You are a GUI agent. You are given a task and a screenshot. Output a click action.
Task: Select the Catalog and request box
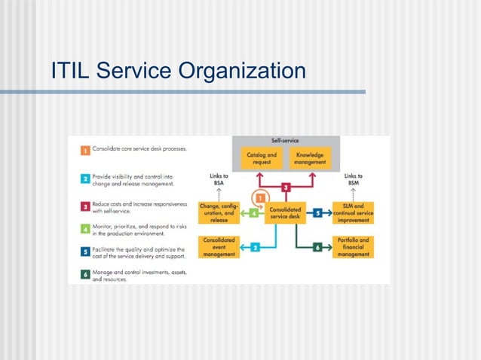click(262, 159)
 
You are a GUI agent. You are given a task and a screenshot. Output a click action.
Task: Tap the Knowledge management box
click(310, 159)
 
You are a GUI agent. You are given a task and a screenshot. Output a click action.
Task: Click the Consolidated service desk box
click(286, 213)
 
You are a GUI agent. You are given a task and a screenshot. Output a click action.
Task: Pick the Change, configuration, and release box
click(219, 213)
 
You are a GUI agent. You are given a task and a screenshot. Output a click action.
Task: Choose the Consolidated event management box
click(219, 246)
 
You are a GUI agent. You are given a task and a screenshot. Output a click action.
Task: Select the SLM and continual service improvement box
click(353, 212)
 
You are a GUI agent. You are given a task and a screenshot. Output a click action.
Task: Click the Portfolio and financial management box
click(353, 246)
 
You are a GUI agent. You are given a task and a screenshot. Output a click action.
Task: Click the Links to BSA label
click(219, 182)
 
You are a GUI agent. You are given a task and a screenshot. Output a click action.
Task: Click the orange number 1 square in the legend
click(86, 150)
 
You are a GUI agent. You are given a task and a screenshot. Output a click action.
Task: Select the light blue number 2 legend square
click(86, 179)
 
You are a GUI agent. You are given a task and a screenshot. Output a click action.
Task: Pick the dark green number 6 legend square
click(86, 275)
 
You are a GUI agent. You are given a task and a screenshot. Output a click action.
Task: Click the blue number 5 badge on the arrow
click(319, 213)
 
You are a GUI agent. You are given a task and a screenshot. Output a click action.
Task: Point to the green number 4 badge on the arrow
click(254, 214)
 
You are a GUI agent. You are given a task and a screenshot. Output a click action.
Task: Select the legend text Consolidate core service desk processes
click(139, 149)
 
